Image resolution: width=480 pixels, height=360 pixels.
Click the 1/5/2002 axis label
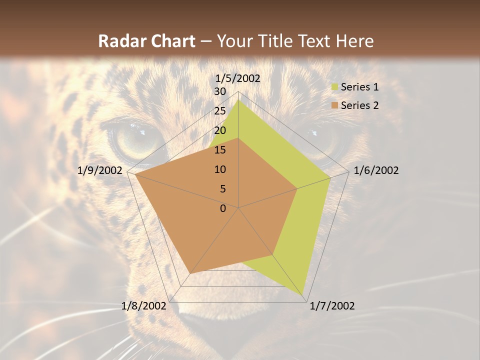tap(237, 78)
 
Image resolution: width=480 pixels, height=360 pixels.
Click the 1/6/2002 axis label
tap(376, 170)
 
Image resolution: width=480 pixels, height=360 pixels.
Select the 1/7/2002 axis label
tap(332, 306)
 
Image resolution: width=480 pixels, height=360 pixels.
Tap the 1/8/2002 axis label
tap(144, 306)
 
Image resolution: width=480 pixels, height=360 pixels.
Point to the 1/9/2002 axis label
tap(100, 170)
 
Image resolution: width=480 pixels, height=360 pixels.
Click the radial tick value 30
tap(220, 91)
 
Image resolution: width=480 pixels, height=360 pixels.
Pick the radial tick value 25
tap(220, 111)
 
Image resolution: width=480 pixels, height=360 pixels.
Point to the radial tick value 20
tap(220, 130)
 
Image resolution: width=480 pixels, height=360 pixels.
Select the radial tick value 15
tap(220, 150)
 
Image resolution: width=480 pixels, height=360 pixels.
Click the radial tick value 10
tap(220, 169)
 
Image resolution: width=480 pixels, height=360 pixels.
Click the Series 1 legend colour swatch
tap(335, 87)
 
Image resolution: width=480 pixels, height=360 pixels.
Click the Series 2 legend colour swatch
tap(335, 105)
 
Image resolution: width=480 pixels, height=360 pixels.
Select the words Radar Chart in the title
tap(146, 41)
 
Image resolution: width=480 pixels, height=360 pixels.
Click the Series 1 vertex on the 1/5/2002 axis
tap(238, 100)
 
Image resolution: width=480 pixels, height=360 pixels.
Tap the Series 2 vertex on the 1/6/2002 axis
tap(297, 189)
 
